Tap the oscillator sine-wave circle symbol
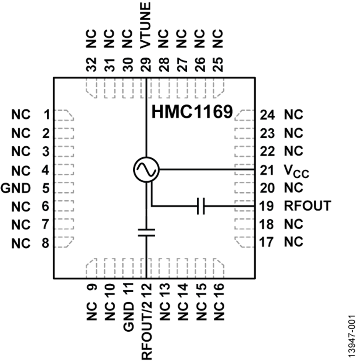pos(146,169)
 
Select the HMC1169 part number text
pos(192,112)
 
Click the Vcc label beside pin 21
pos(296,171)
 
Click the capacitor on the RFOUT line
pos(201,206)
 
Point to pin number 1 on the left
pos(47,115)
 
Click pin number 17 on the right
pos(267,241)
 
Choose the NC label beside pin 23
pos(294,132)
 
